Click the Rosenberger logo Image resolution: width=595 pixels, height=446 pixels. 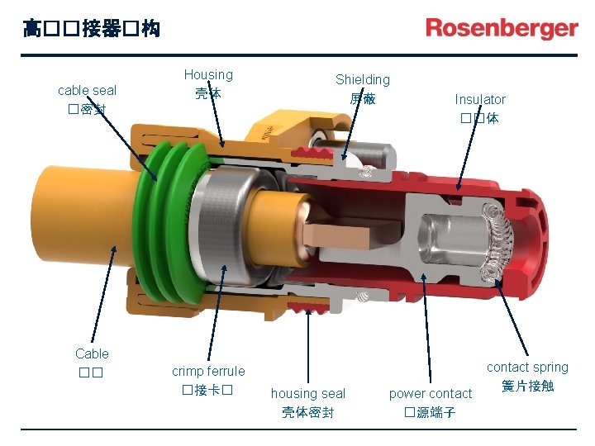click(502, 29)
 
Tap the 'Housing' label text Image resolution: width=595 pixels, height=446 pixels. click(208, 75)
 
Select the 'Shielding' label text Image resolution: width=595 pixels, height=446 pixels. click(362, 79)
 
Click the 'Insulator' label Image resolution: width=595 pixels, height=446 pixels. click(480, 99)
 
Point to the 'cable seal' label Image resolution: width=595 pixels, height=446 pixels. click(87, 90)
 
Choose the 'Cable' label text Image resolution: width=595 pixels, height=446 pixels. click(92, 353)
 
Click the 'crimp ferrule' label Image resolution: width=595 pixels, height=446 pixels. click(208, 372)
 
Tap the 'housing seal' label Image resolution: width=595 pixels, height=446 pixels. click(308, 394)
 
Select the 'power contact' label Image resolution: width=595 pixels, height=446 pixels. click(431, 394)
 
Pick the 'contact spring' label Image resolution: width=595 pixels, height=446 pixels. click(527, 368)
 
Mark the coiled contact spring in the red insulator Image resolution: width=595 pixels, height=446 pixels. click(496, 240)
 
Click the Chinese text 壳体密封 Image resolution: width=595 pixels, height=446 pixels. click(308, 412)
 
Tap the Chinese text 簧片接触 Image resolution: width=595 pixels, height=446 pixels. click(527, 386)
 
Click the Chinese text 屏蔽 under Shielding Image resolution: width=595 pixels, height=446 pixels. click(362, 98)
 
